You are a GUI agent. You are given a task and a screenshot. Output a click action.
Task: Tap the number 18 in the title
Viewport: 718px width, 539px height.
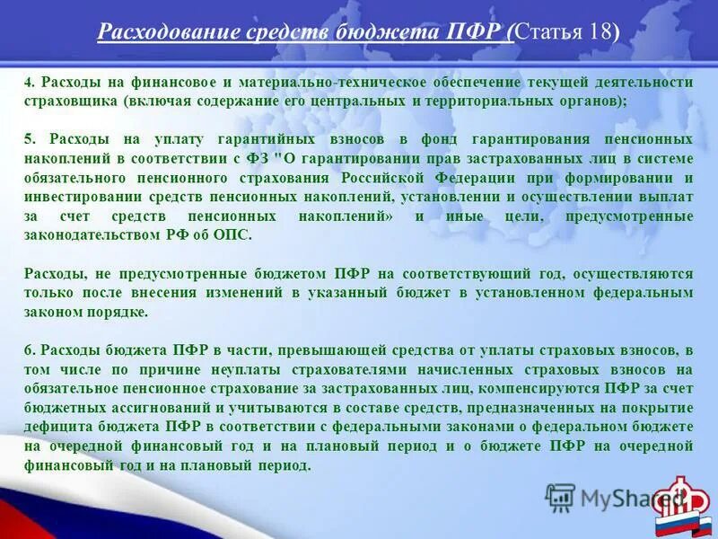[600, 32]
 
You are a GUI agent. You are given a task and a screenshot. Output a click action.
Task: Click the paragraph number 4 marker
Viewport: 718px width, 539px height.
[28, 83]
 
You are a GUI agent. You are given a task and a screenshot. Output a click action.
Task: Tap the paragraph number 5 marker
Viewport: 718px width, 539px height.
[28, 139]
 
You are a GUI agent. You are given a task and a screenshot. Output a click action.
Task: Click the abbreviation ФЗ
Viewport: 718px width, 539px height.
[256, 159]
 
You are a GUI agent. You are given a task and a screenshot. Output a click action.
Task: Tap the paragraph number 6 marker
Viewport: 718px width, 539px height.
[28, 349]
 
